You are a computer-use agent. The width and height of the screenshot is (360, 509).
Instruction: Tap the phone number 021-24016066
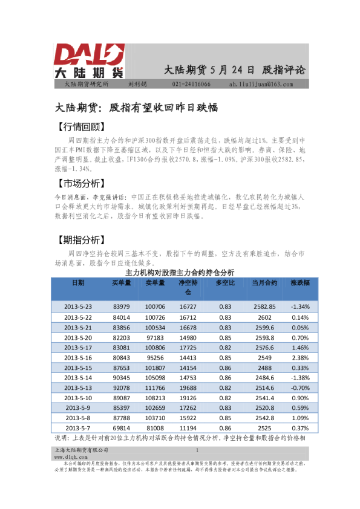pyautogui.click(x=192, y=84)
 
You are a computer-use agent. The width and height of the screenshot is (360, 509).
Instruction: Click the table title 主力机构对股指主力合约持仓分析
pyautogui.click(x=180, y=273)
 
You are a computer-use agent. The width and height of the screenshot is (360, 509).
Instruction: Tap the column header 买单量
pyautogui.click(x=121, y=283)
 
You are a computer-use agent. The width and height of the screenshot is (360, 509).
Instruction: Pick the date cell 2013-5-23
pyautogui.click(x=78, y=306)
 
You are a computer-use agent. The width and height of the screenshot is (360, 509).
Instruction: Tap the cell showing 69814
pyautogui.click(x=121, y=429)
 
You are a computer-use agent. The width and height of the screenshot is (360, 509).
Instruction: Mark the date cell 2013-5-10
pyautogui.click(x=78, y=398)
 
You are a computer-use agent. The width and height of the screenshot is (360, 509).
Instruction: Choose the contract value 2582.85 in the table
pyautogui.click(x=264, y=306)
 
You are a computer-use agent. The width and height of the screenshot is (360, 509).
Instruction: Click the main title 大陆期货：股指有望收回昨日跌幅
pyautogui.click(x=136, y=108)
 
